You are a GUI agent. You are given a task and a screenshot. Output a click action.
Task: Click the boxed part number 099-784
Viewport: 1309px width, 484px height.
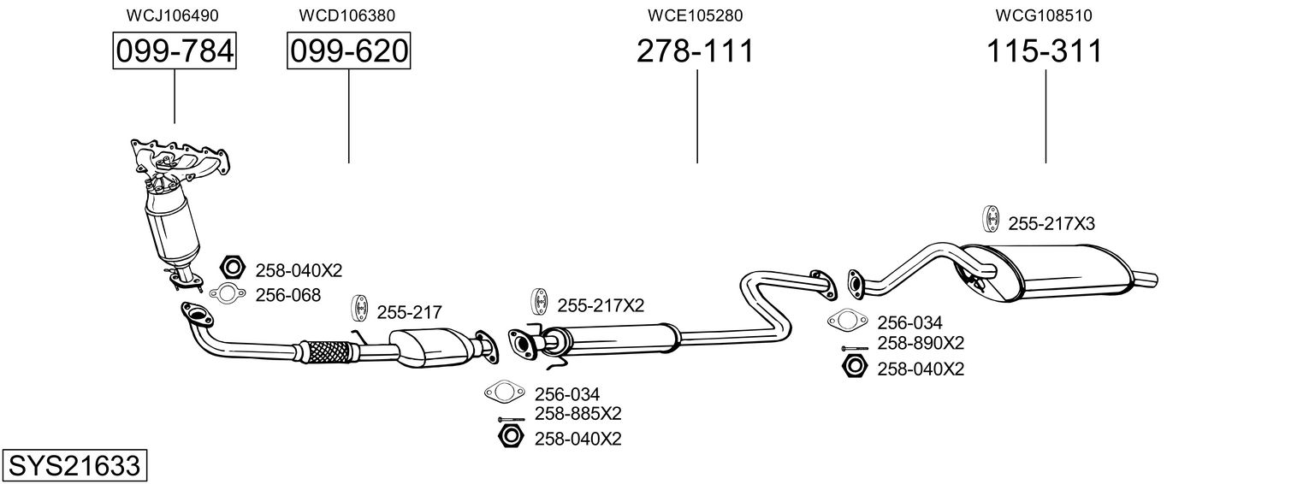[175, 52]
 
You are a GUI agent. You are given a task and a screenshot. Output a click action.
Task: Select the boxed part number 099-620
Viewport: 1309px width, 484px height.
[348, 52]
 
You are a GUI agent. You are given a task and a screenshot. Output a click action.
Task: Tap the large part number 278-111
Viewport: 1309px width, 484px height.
[696, 52]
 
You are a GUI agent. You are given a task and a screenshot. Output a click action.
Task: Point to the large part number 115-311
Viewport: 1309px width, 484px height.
[1045, 52]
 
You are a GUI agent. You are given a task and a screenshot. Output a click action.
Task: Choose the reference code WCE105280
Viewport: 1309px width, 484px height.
[695, 15]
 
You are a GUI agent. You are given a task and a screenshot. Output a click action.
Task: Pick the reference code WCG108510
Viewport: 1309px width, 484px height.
[1044, 15]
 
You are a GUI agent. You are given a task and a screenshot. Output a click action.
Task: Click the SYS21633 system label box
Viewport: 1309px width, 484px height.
[74, 466]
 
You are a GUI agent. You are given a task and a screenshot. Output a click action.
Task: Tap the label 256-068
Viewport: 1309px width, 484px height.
[288, 295]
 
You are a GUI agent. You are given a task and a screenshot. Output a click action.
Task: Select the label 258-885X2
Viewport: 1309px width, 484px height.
[578, 414]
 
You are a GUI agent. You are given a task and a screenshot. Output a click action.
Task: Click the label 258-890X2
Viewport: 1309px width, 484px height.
[921, 343]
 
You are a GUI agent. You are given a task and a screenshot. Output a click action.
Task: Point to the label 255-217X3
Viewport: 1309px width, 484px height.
[1051, 223]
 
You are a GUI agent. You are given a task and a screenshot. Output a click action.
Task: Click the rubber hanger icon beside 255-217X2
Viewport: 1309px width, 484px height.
[541, 303]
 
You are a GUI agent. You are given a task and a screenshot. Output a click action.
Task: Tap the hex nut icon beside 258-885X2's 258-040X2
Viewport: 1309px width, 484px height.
[510, 438]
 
